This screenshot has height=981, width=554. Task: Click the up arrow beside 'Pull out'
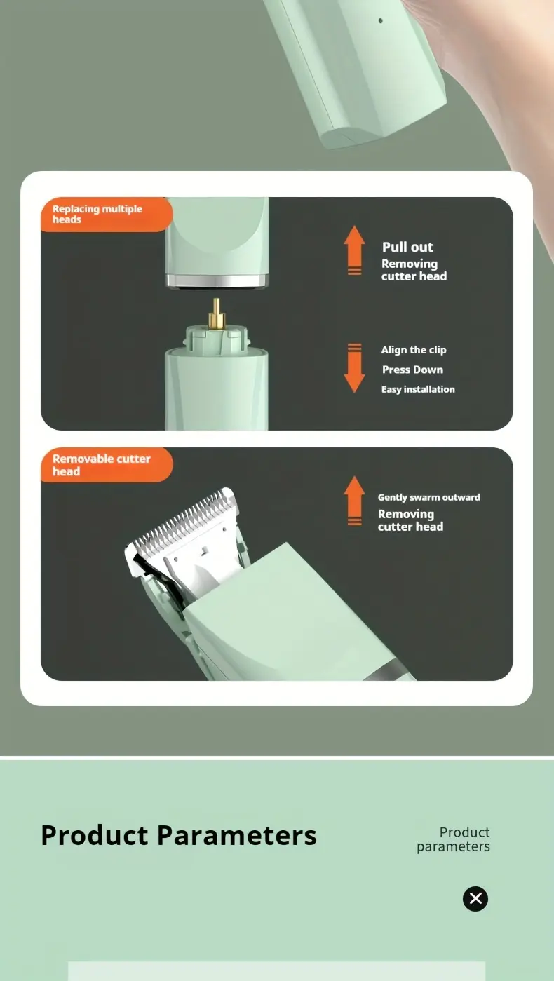354,250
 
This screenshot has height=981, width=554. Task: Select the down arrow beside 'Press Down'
354,367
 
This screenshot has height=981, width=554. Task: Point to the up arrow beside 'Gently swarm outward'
354,500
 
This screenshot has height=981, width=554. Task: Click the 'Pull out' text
407,247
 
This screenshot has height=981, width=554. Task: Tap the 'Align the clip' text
414,350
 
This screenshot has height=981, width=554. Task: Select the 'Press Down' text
412,370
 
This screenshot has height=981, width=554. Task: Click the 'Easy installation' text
418,389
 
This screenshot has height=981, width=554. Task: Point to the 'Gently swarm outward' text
429,497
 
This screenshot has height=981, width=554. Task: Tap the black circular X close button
475,898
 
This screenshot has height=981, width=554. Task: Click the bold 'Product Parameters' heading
179,835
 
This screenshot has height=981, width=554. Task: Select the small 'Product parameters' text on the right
454,839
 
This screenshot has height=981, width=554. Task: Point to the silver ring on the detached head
217,281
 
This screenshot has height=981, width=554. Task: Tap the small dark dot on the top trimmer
381,21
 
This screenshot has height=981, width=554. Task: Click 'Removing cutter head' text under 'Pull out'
413,270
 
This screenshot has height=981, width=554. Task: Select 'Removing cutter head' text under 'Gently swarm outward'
410,520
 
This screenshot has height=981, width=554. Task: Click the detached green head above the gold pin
217,238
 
